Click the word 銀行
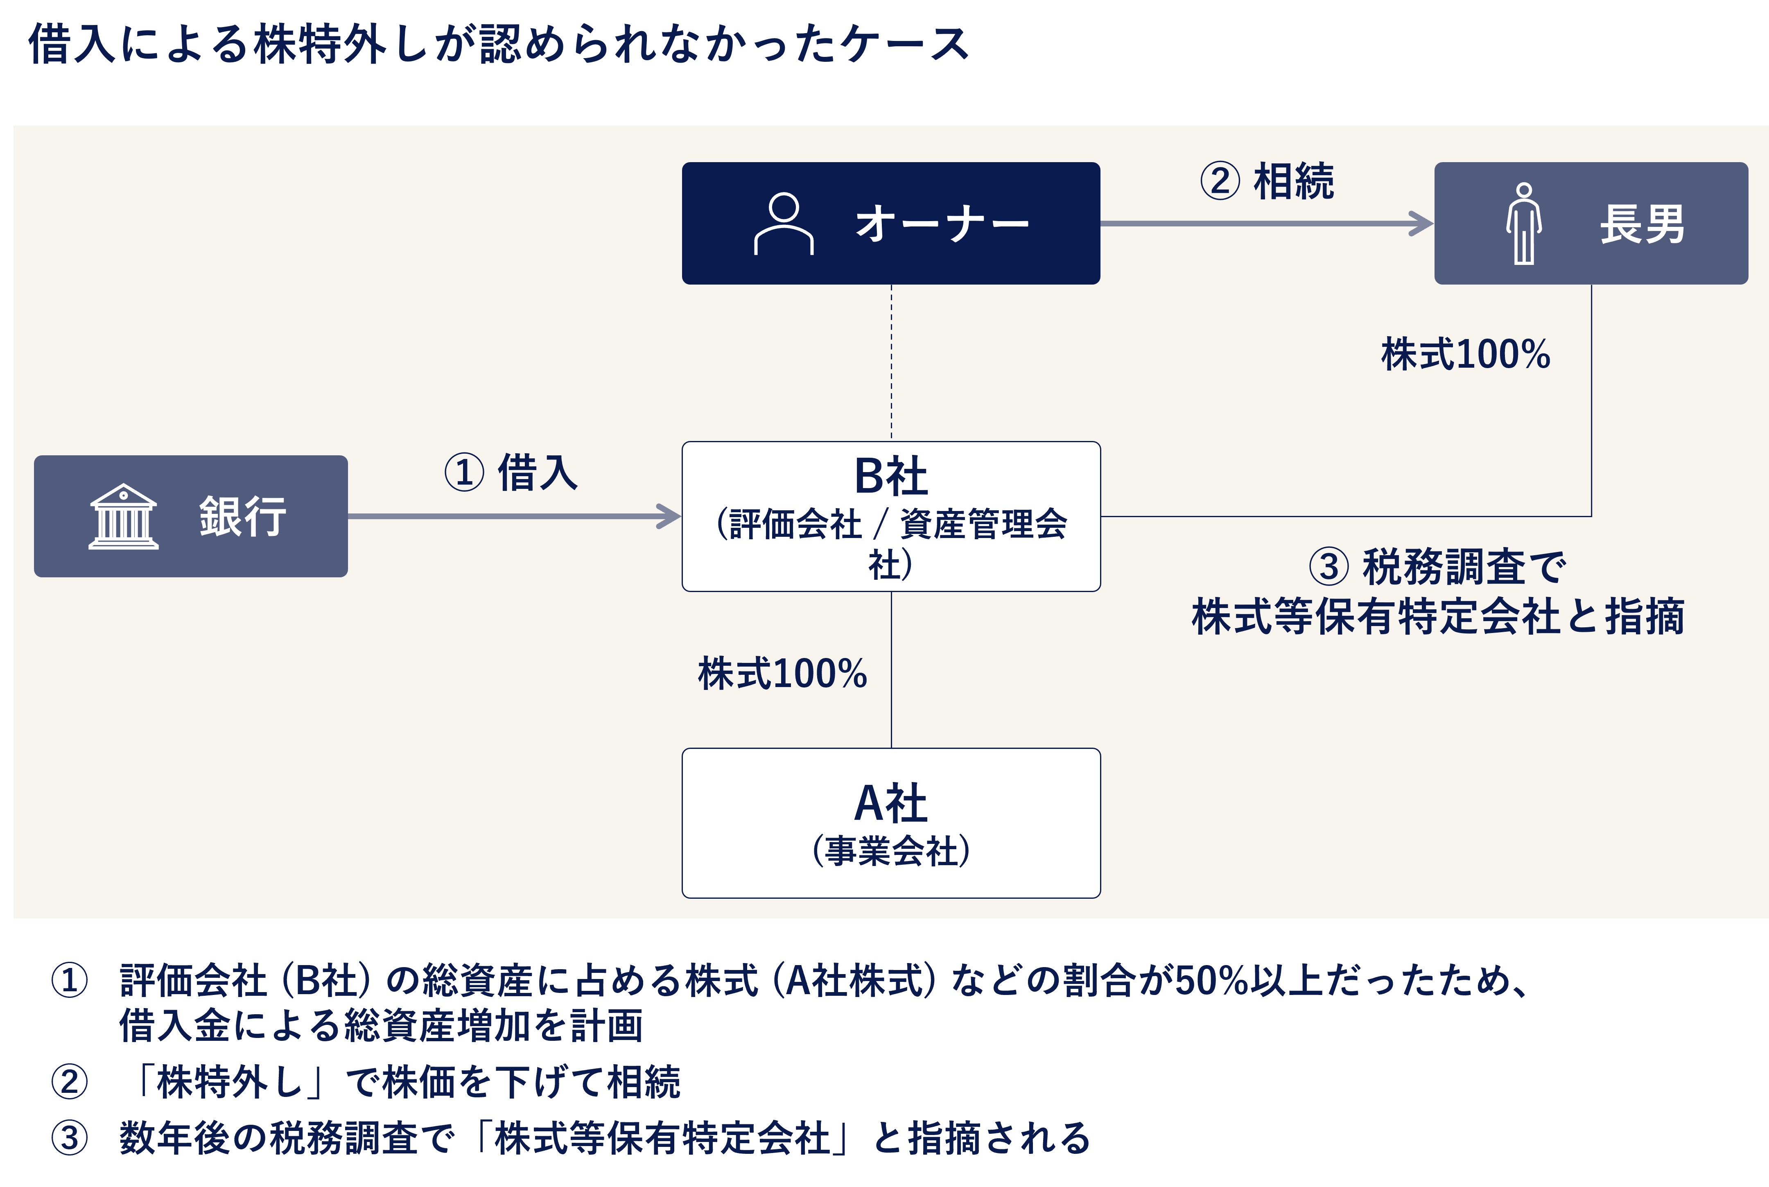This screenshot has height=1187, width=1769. pyautogui.click(x=242, y=517)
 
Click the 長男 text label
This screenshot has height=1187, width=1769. pyautogui.click(x=1642, y=224)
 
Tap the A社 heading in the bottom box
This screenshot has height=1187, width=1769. pyautogui.click(x=891, y=803)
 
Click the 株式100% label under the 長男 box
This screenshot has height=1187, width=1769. pyautogui.click(x=1466, y=354)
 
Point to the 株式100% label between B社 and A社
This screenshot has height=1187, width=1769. pyautogui.click(x=782, y=674)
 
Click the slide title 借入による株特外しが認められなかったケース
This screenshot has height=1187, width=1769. pyautogui.click(x=499, y=44)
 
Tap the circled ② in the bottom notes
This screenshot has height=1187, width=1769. pyautogui.click(x=70, y=1081)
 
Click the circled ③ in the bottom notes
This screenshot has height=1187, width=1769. pyautogui.click(x=70, y=1138)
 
